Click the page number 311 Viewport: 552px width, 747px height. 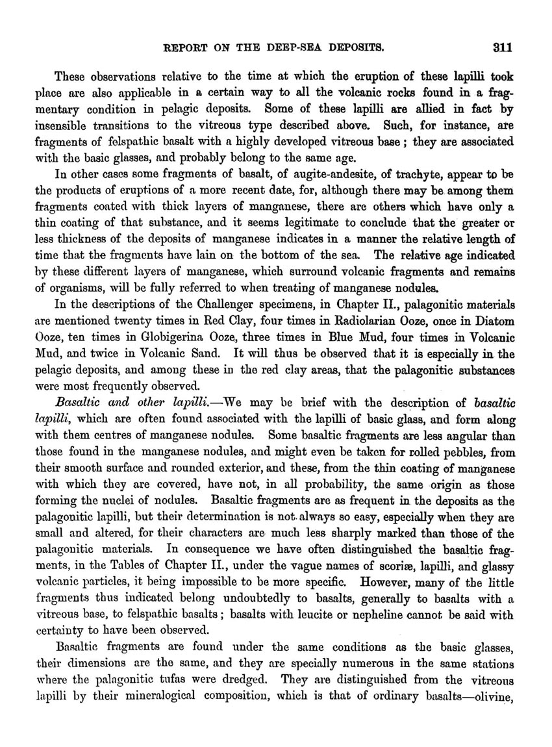coord(503,47)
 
